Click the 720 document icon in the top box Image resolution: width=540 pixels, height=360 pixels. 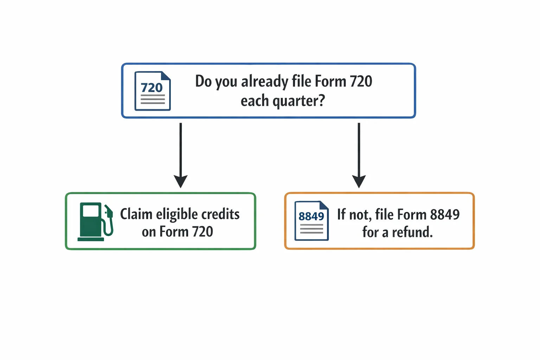pyautogui.click(x=153, y=91)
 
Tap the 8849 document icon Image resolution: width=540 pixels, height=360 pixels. pyautogui.click(x=311, y=221)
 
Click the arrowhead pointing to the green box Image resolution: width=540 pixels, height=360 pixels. pyautogui.click(x=181, y=181)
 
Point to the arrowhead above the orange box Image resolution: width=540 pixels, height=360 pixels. pyautogui.click(x=359, y=181)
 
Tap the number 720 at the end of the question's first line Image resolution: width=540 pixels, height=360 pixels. pyautogui.click(x=361, y=81)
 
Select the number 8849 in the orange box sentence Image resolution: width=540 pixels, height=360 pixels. pyautogui.click(x=445, y=214)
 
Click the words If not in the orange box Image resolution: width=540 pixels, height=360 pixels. pyautogui.click(x=353, y=214)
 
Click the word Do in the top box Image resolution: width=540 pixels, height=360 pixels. pyautogui.click(x=203, y=81)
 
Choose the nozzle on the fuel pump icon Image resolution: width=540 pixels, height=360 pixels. pyautogui.click(x=109, y=211)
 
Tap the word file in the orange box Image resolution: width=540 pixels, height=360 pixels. pyautogui.click(x=384, y=214)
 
